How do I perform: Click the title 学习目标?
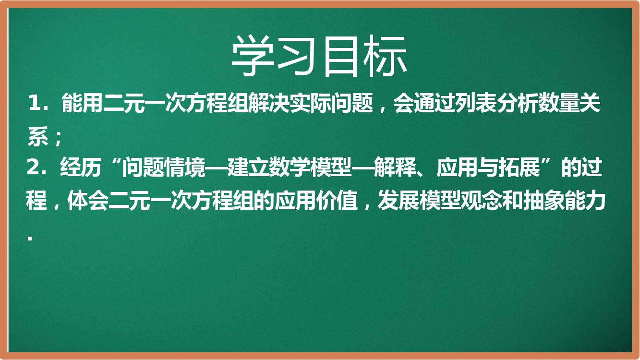tap(319, 56)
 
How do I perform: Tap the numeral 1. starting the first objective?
tap(37, 103)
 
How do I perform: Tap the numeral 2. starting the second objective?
tap(36, 168)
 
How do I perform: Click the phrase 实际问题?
tap(331, 103)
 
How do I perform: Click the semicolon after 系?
tap(59, 139)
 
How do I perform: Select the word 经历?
tap(81, 168)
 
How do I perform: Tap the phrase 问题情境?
tap(164, 168)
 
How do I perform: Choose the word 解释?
tap(395, 168)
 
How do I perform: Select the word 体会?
tap(88, 200)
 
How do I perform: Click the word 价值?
tap(337, 200)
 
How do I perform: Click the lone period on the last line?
tap(30, 238)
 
